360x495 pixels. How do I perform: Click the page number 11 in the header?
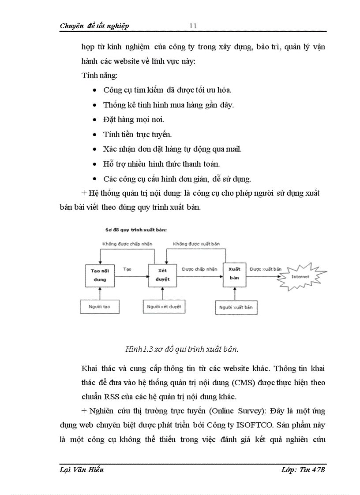[193, 26]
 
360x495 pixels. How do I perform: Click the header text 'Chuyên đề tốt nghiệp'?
[94, 26]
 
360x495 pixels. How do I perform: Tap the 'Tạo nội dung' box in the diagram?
[99, 275]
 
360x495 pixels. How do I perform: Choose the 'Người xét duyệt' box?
[164, 306]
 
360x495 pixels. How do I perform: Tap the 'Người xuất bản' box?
[236, 307]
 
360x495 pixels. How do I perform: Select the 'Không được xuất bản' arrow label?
[196, 244]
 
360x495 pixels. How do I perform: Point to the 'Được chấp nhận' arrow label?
[199, 268]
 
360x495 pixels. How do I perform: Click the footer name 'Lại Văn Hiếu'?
[82, 470]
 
